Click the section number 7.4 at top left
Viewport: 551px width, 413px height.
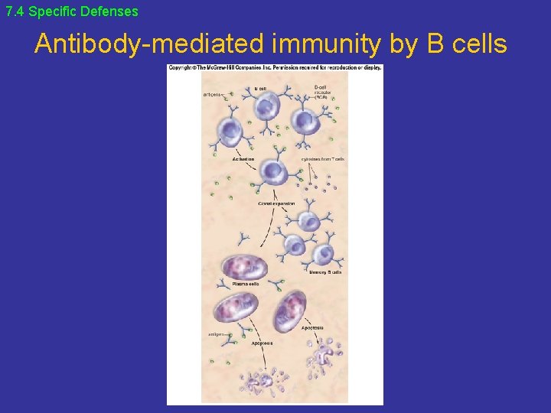tap(15, 11)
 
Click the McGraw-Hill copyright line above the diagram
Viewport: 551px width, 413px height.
tap(275, 68)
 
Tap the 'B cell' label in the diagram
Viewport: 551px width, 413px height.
tap(260, 89)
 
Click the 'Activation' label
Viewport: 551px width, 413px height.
tap(243, 159)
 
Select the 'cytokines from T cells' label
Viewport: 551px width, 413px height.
tap(322, 159)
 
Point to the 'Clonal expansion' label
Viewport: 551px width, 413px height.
tap(276, 203)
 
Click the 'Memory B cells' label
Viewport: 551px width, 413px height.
tap(324, 271)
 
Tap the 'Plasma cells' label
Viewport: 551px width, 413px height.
tap(246, 284)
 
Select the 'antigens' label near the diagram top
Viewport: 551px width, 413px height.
tap(213, 95)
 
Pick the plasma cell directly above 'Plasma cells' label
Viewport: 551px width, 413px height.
tap(244, 266)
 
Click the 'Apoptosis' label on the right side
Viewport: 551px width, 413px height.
tap(311, 328)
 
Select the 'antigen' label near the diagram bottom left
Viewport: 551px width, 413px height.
tap(216, 334)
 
